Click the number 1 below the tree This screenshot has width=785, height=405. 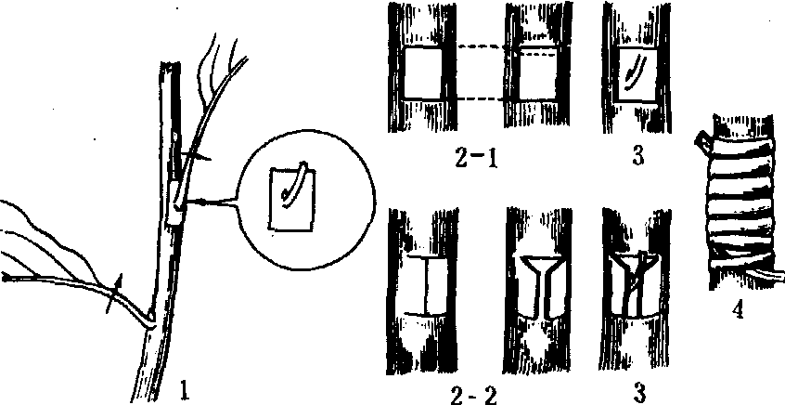pos(186,390)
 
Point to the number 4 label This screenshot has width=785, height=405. pos(737,311)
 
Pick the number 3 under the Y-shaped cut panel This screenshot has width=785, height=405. pos(637,391)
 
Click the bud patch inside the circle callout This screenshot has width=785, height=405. pos(291,197)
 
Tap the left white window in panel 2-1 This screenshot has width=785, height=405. pos(423,73)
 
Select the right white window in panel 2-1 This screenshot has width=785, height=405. pos(536,73)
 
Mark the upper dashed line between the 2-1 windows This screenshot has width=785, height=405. pos(482,48)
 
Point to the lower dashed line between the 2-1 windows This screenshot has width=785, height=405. pos(482,99)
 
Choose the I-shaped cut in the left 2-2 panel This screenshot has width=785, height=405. pos(426,286)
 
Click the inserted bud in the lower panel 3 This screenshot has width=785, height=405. pos(635,287)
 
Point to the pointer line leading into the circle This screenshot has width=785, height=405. pos(213,202)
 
